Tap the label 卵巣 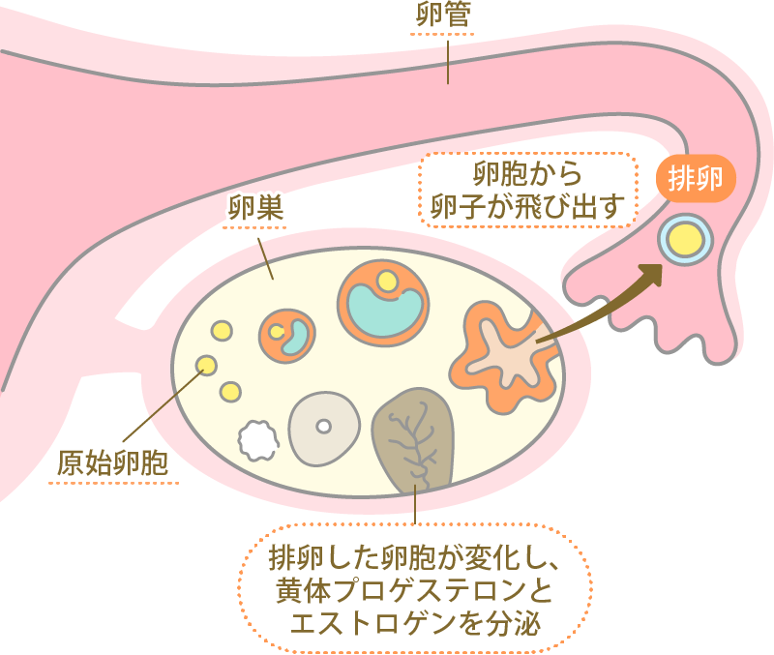coord(253,205)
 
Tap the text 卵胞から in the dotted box coord(528,175)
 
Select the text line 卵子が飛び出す coord(528,205)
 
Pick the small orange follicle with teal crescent coord(287,335)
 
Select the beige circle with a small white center coord(323,427)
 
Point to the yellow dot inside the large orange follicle coord(387,282)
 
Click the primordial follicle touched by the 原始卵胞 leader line coord(206,366)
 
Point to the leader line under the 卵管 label coord(447,61)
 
